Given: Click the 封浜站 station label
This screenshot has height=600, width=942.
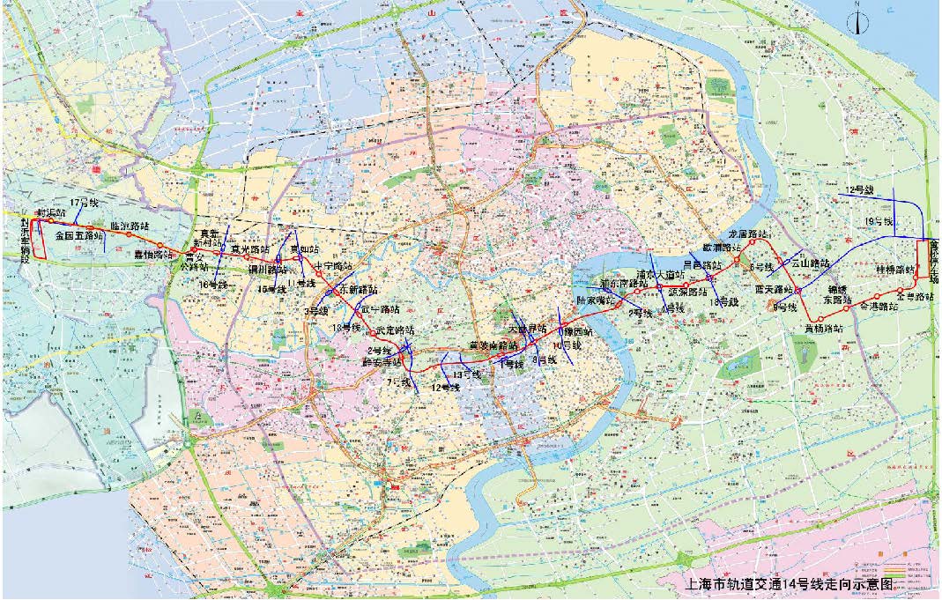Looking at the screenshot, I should point(50,214).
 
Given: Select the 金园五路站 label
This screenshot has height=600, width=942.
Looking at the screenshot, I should point(78,236).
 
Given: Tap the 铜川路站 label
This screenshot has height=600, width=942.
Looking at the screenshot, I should point(267,270).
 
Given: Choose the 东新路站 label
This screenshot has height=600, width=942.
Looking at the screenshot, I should point(357,289).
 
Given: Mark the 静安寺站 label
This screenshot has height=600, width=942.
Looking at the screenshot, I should point(382,361).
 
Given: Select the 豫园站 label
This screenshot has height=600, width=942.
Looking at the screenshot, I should point(576,333).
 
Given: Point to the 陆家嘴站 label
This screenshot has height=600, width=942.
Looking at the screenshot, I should point(595,300).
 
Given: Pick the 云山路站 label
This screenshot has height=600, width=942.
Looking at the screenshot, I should point(811,263).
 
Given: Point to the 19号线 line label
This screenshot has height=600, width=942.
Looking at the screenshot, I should point(879,220).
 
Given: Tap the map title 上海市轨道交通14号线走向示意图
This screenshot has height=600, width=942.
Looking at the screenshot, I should point(789,582).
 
